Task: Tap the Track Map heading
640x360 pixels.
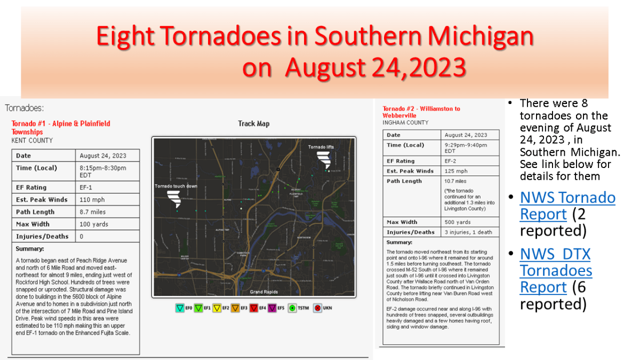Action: [253, 124]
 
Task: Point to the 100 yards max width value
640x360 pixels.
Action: [93, 224]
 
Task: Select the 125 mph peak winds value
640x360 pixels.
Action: [456, 171]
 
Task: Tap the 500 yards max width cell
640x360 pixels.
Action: [458, 222]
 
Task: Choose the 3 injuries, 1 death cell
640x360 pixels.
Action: [471, 232]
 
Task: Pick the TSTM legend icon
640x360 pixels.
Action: [291, 308]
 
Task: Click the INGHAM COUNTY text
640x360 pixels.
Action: [405, 122]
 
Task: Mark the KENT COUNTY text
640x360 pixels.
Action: [32, 140]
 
